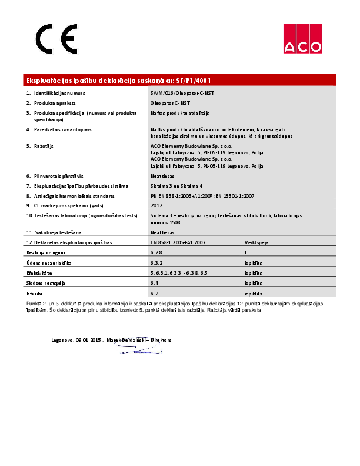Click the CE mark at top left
(x=56, y=39)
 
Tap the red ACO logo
(x=302, y=39)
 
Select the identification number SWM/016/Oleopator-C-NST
(x=182, y=93)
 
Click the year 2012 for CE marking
(x=156, y=205)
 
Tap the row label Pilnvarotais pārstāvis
(x=58, y=176)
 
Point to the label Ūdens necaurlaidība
(x=48, y=263)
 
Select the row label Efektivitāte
(x=39, y=273)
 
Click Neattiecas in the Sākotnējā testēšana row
(x=163, y=232)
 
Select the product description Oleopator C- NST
(x=170, y=102)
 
